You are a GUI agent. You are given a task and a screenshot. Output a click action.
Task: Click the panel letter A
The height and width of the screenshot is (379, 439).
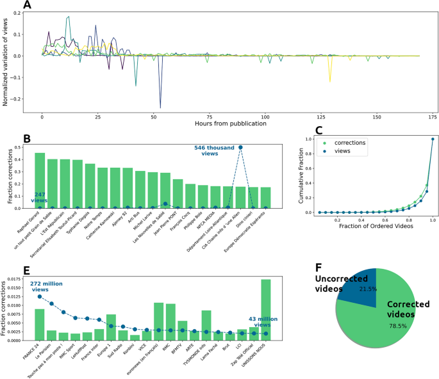click(28, 6)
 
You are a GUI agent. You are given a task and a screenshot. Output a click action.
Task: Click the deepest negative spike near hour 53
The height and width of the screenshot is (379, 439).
click(160, 107)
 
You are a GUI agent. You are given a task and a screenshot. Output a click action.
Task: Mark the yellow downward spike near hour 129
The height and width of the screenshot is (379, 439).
click(330, 81)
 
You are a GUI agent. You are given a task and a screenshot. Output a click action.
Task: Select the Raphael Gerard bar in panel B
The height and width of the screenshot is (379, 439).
click(40, 180)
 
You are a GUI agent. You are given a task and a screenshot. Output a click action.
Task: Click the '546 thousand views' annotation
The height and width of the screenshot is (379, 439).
click(215, 151)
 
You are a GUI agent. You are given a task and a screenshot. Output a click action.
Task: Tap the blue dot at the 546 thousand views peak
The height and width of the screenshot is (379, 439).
click(240, 147)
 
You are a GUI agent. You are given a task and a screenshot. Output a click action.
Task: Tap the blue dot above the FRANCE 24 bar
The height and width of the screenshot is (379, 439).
click(40, 296)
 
